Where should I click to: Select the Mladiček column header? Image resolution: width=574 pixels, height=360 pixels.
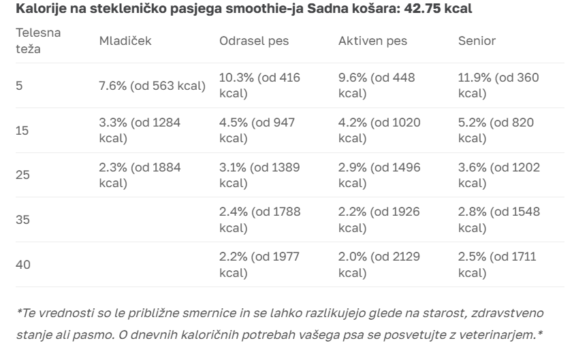125,41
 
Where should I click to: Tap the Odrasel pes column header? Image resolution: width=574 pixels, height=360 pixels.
254,41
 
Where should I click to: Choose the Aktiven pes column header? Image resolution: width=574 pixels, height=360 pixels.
372,41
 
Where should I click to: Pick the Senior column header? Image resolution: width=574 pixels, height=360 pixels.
477,41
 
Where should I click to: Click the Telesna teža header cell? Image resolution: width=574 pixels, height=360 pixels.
38,41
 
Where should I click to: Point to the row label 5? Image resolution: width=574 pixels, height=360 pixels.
19,86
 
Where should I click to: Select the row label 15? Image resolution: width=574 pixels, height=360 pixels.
22,131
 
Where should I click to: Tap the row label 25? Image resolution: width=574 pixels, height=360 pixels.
23,175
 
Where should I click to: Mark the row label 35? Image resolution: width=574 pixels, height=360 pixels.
23,220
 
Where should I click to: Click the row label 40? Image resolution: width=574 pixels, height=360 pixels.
23,265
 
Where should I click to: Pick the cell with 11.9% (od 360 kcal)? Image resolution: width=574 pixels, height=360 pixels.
498,85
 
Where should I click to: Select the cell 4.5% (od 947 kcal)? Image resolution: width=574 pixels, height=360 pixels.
259,131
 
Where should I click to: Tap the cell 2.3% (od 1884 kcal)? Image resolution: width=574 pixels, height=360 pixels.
140,175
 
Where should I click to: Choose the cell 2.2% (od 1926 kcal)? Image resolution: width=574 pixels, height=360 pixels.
379,220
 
